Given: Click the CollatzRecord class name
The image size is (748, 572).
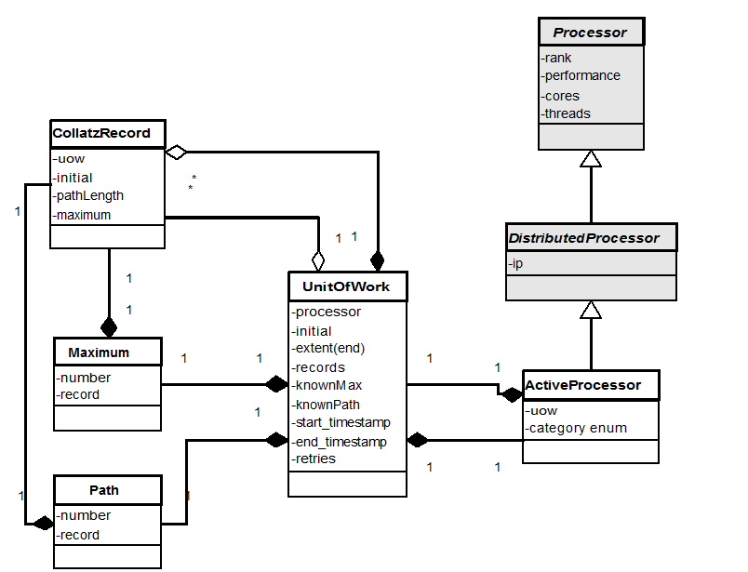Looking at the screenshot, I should click(x=101, y=133).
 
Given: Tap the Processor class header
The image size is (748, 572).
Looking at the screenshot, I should click(x=590, y=33).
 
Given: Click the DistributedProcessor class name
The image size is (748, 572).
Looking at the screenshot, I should click(x=583, y=238).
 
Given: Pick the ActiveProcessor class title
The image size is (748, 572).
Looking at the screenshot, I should click(x=582, y=384).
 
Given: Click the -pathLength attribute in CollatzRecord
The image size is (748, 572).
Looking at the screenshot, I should click(x=89, y=195).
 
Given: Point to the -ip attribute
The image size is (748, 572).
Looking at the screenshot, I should click(x=517, y=264).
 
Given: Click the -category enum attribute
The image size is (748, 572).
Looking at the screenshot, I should click(x=577, y=428).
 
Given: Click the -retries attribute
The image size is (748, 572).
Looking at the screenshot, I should click(x=314, y=459).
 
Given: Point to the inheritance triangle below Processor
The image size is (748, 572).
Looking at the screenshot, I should click(x=591, y=159).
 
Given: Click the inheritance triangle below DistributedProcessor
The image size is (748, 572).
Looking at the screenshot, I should click(x=591, y=310).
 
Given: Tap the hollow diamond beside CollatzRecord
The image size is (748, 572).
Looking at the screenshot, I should click(x=177, y=152).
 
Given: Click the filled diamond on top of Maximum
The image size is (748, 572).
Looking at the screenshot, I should click(x=109, y=327).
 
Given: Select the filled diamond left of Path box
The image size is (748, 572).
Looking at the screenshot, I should click(x=43, y=524).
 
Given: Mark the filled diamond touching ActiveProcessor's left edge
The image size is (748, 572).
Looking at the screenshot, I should click(x=511, y=395).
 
